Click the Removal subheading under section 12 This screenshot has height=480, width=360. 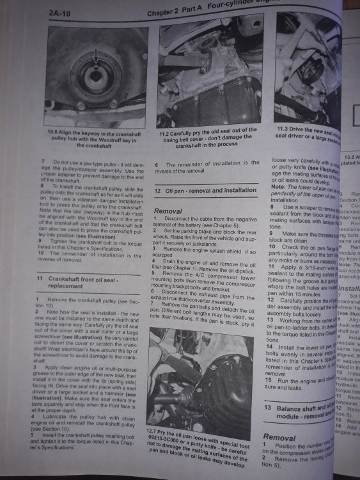[x=168, y=211]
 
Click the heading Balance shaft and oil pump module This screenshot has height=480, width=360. [x=301, y=412]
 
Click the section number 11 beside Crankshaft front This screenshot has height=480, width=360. [x=40, y=280]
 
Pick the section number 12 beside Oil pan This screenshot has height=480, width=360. [x=159, y=190]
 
